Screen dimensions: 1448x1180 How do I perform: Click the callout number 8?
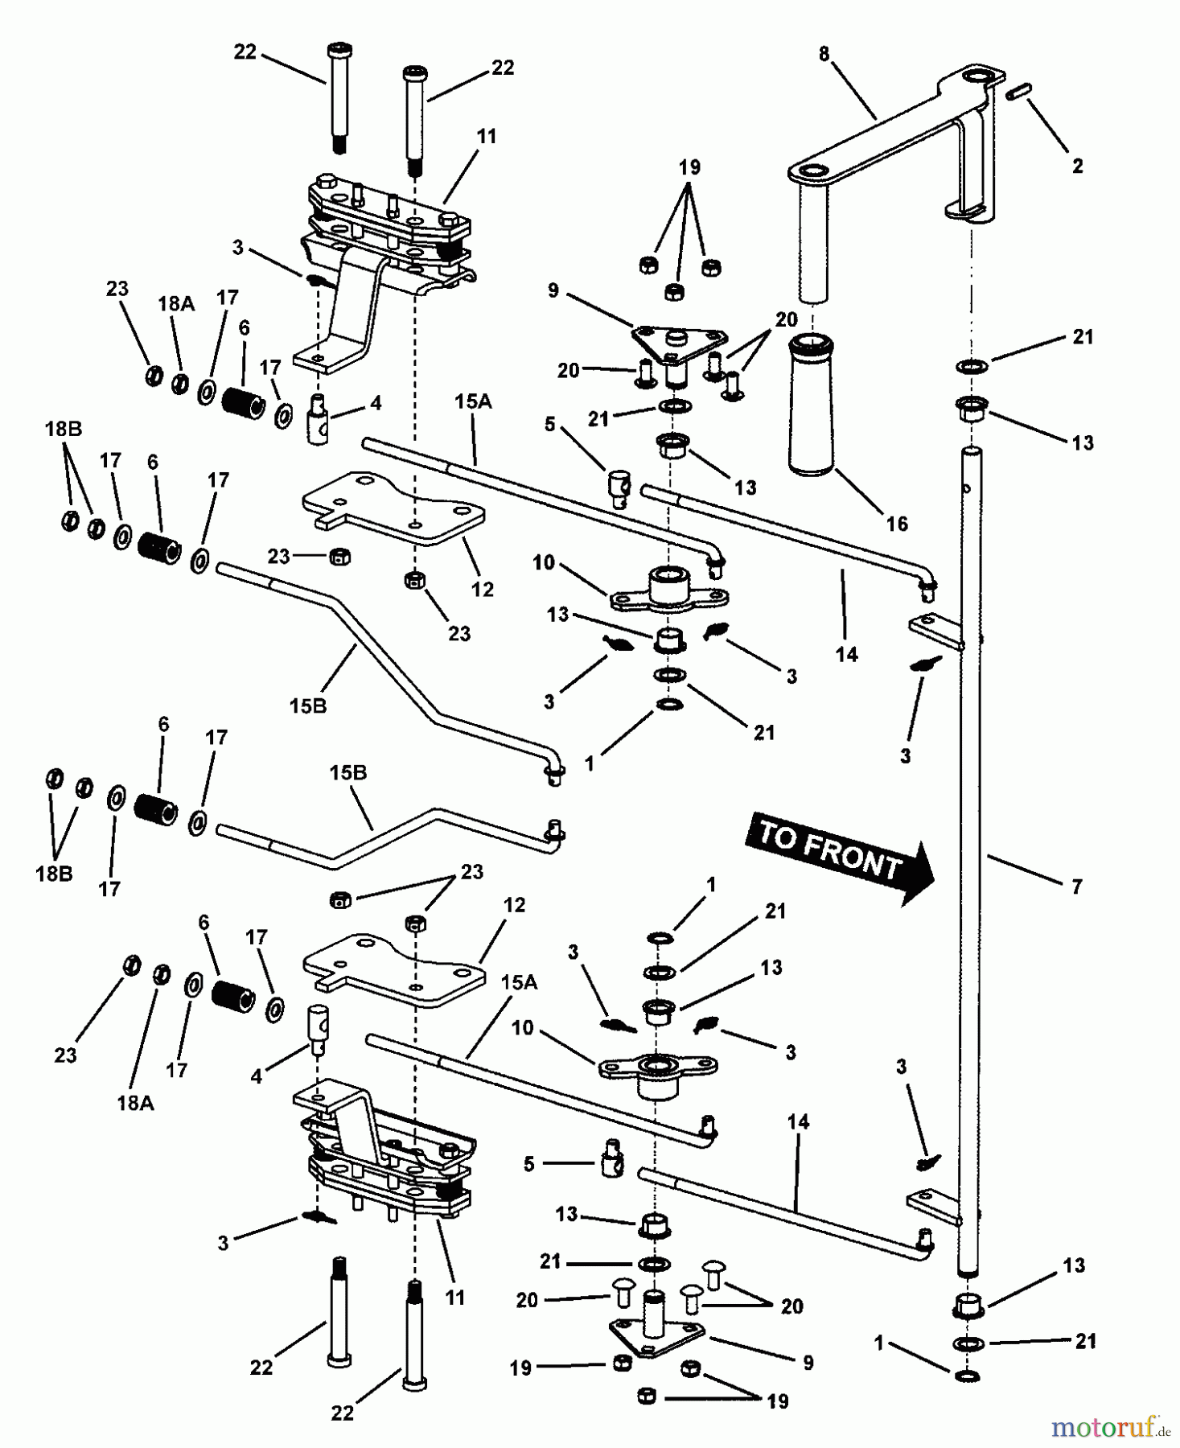823,54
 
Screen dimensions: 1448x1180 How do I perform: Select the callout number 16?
896,524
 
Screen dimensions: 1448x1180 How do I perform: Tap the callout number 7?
1076,886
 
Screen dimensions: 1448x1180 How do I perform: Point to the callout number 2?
1077,166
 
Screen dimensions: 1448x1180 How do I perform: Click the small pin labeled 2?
1015,94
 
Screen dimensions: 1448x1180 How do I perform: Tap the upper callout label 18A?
176,303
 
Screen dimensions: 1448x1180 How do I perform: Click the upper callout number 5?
549,425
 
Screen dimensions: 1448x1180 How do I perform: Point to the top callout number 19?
689,167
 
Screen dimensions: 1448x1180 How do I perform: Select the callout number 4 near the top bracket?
375,403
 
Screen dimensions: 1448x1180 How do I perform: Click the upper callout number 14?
847,654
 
